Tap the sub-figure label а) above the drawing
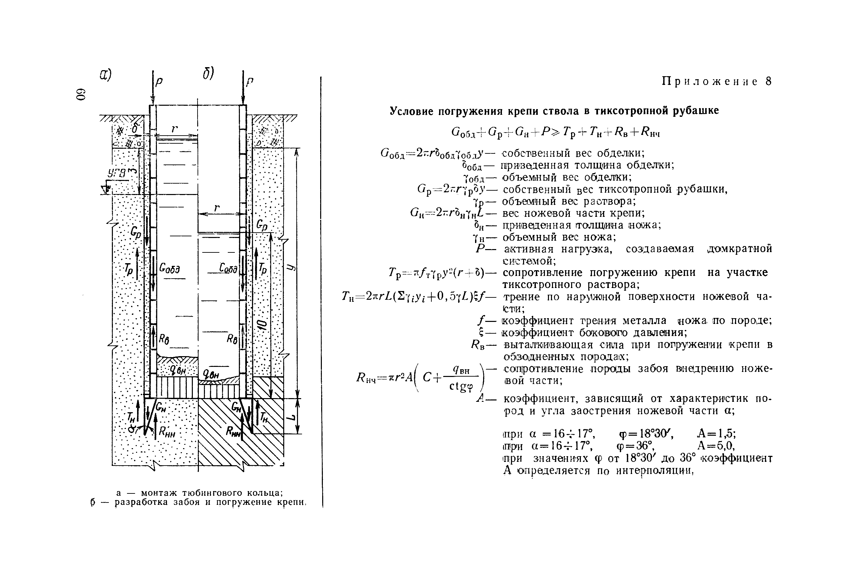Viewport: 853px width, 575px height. coord(106,75)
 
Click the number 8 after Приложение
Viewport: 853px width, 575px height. coord(769,82)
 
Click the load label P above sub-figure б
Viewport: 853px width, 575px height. coord(250,82)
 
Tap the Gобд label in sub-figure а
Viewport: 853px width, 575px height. coord(169,269)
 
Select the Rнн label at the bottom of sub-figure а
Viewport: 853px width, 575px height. coord(167,432)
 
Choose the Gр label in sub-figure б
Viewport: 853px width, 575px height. coord(262,225)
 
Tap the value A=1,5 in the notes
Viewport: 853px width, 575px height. coord(716,434)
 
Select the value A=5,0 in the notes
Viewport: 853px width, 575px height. coord(715,445)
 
